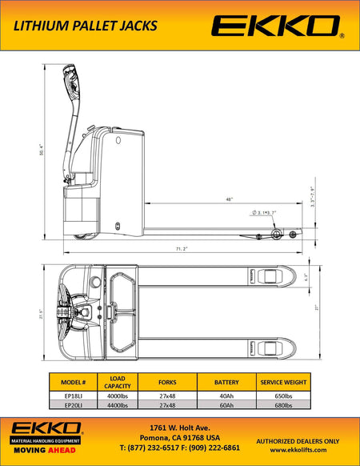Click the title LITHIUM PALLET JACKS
coord(83,26)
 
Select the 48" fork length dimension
coord(229,199)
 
